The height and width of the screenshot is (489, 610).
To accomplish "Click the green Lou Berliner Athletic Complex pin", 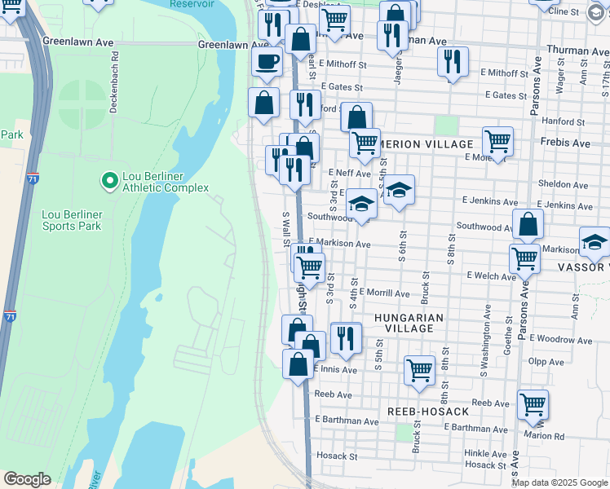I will [108, 179].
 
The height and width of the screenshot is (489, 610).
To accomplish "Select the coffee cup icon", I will [264, 62].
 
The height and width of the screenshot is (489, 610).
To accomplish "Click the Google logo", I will [28, 479].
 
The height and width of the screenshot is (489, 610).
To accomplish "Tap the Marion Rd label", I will [544, 435].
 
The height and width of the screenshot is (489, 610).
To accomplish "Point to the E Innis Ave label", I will [333, 369].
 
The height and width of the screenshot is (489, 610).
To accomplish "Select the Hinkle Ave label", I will [486, 452].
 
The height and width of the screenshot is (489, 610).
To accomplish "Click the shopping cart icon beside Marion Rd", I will [533, 403].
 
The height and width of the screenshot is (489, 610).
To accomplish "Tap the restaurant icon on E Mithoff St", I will [451, 61].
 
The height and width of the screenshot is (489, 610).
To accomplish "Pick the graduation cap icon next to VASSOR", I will [595, 241].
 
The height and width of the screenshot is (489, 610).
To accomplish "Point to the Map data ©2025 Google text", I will [560, 482].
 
